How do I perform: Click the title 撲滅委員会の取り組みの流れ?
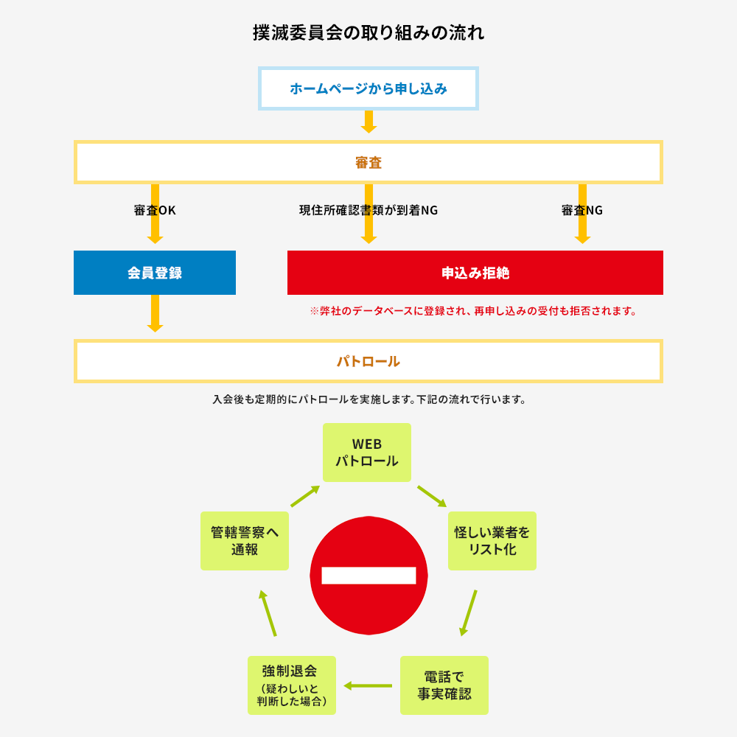point(368,33)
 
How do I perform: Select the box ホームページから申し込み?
point(368,88)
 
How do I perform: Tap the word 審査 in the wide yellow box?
point(368,163)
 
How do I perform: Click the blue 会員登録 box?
point(155,273)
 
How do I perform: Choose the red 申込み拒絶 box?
point(475,273)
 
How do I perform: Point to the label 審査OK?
point(155,210)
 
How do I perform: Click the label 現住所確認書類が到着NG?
point(368,210)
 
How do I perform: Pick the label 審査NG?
point(582,210)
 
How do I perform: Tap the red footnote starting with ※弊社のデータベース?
point(474,311)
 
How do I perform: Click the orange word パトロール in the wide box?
point(368,361)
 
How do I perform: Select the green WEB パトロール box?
point(367,453)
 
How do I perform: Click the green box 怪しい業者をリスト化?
point(492,541)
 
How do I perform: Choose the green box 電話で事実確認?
point(444,685)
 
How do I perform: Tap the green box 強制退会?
point(292,685)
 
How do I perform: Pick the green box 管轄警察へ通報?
point(245,541)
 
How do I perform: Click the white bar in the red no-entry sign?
point(368,576)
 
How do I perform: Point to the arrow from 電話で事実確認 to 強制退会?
point(368,685)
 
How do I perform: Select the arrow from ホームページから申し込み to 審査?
point(368,122)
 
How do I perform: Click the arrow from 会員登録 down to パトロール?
point(155,313)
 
